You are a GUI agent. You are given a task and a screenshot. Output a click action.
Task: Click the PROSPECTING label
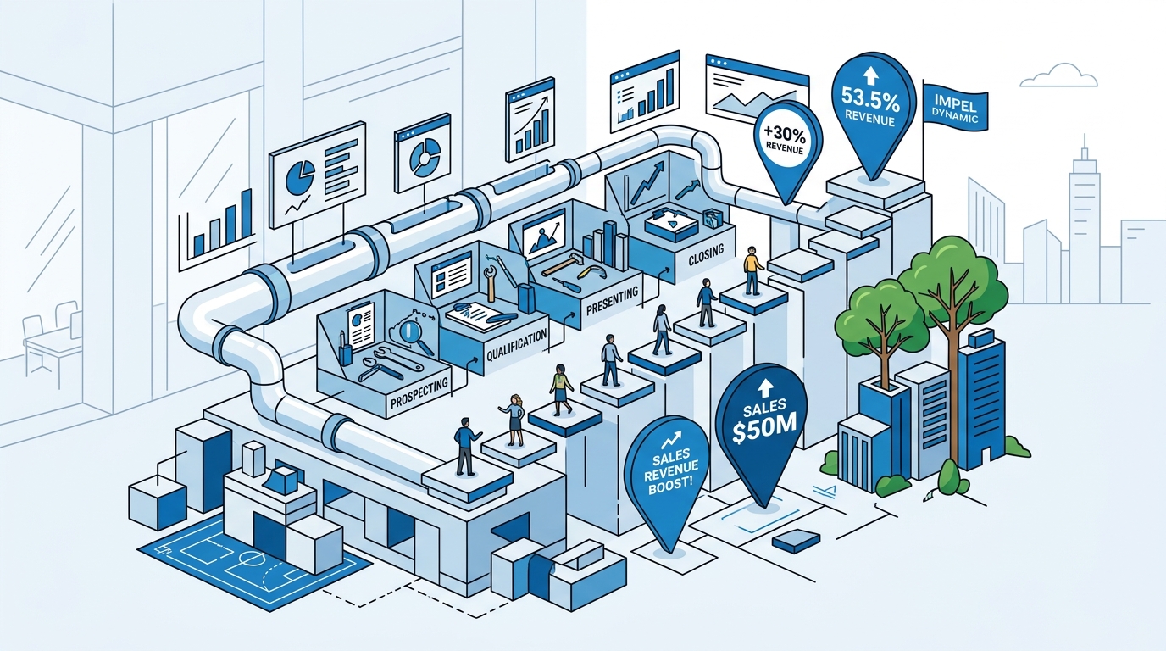point(419,392)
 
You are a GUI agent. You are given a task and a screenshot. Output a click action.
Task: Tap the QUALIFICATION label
point(516,346)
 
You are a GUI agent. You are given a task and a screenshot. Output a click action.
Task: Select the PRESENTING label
point(612,300)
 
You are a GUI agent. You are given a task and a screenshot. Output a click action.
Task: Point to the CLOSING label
point(706,254)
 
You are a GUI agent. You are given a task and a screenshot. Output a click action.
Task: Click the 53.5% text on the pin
point(869,99)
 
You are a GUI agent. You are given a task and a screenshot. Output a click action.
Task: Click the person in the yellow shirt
point(752,270)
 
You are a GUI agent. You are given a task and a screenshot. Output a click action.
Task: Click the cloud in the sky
point(1058,75)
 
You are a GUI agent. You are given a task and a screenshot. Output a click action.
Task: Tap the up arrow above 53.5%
point(869,76)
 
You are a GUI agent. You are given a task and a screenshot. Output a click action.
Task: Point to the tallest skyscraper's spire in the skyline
point(1085,147)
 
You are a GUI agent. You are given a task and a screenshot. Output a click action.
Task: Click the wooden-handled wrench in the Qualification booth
point(490,282)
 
